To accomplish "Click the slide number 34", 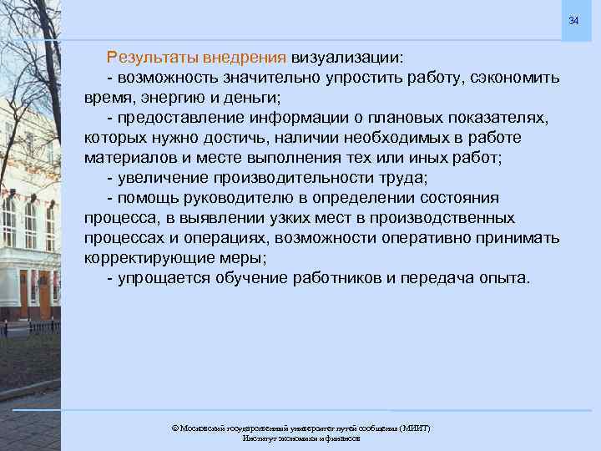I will (x=573, y=20).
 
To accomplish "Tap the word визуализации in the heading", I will (x=345, y=58).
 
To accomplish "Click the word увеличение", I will (x=163, y=178).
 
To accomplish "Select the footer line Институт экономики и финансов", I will (x=300, y=438).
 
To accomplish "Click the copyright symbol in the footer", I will (x=174, y=428).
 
